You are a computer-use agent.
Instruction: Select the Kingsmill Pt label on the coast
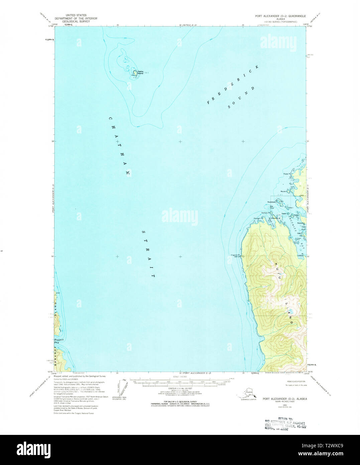[237, 255]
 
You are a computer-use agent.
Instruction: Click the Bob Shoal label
[272, 207]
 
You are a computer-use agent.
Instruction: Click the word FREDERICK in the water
[233, 85]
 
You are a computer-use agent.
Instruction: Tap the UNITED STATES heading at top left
[76, 15]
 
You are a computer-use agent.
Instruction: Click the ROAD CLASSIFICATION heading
[296, 381]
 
